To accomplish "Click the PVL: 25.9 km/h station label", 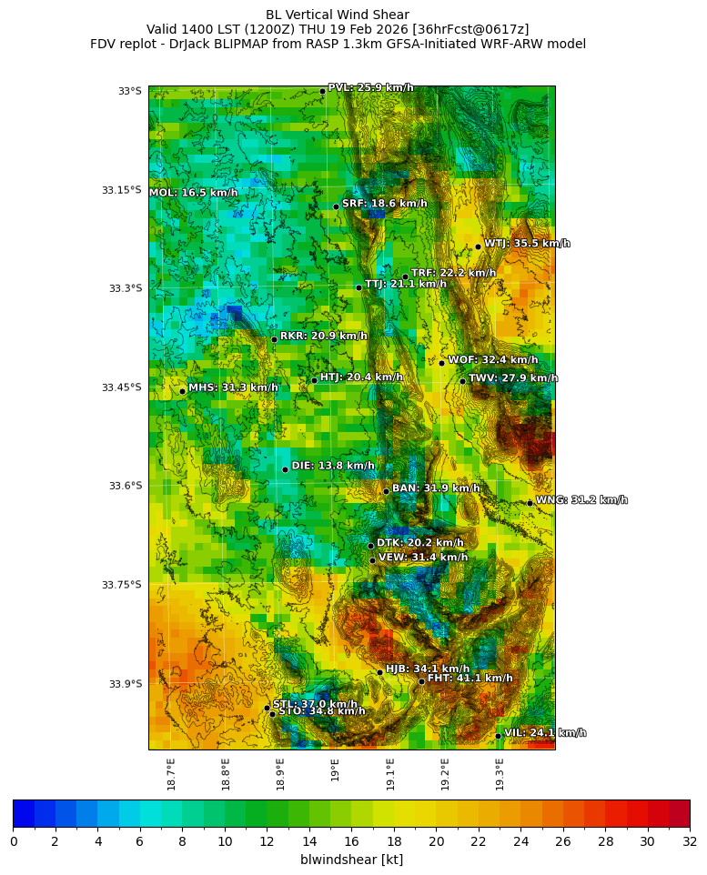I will point(370,87).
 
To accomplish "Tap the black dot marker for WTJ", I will point(478,246).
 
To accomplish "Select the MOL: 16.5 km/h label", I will point(193,193).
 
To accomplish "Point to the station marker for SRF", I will point(336,206).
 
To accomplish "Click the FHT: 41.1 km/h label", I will point(470,678).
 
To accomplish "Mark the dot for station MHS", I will point(182,391).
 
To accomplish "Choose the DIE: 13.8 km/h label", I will point(332,466).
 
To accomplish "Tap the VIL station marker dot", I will point(498,736).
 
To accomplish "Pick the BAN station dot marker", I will point(386,491).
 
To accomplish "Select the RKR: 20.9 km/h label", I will point(323,336).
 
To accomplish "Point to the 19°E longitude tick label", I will point(336,769).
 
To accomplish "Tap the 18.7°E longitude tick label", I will point(171,774).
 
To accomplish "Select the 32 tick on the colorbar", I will point(689,841).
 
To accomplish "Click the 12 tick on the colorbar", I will point(267,841).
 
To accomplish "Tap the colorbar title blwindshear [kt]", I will point(351,860).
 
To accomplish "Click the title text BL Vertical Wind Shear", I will point(338,15).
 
